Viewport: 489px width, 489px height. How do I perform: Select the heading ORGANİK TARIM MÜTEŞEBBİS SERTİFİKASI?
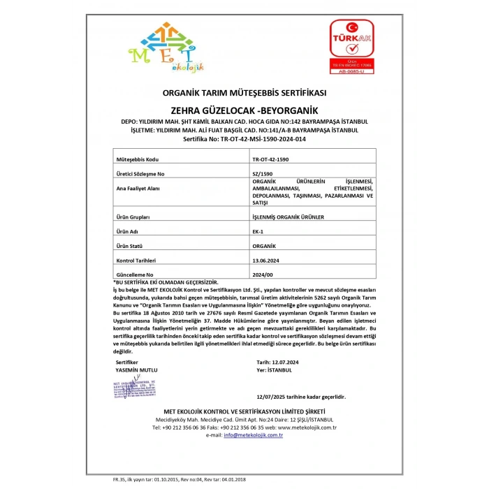pyautogui.click(x=245, y=93)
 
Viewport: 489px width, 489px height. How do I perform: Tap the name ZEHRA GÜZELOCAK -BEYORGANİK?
pyautogui.click(x=245, y=110)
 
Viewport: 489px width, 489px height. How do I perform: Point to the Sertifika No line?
pyautogui.click(x=245, y=139)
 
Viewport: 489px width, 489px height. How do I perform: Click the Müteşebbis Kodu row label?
pyautogui.click(x=138, y=159)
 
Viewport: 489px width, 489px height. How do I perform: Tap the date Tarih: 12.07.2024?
pyautogui.click(x=277, y=363)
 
